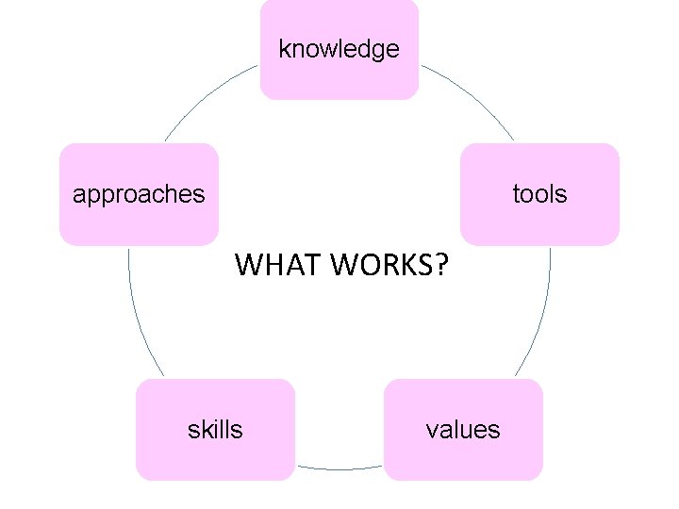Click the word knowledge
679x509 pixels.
coord(339,49)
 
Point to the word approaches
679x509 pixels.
coord(139,194)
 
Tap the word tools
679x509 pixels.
coord(539,194)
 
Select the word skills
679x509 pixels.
coord(215,430)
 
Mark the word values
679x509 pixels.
coord(463,430)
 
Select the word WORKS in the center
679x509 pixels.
coord(382,267)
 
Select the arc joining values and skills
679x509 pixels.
coord(339,468)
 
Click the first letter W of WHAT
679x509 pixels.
coord(249,267)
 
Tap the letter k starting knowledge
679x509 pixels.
coord(284,49)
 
